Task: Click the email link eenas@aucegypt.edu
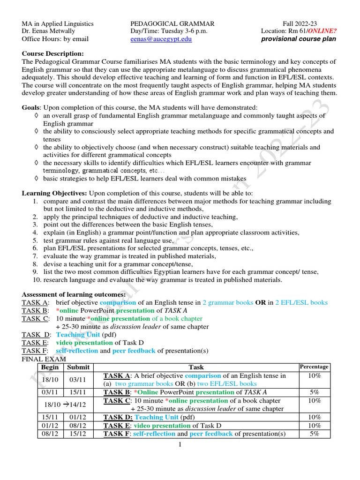[161, 39]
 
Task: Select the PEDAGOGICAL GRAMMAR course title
[172, 23]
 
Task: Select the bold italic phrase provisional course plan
[299, 39]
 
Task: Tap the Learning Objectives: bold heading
[54, 194]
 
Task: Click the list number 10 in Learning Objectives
[37, 280]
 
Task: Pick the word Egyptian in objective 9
[171, 272]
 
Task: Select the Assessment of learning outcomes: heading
[74, 294]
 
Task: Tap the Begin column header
[50, 367]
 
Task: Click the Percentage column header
[314, 367]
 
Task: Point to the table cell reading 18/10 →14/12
[64, 405]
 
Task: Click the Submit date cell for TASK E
[78, 426]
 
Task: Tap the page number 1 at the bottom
[180, 445]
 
